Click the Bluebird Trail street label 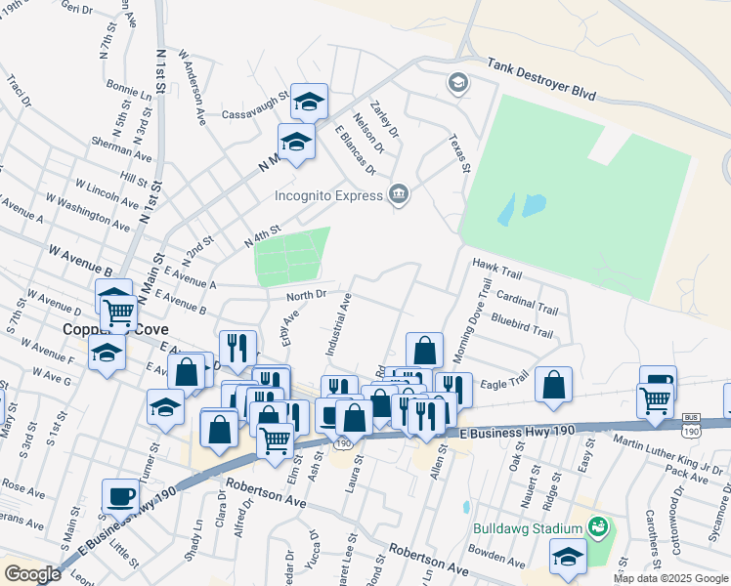pyautogui.click(x=522, y=325)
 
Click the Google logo pyautogui.click(x=32, y=574)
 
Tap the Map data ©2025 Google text pyautogui.click(x=670, y=578)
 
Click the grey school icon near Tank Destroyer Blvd pyautogui.click(x=457, y=81)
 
